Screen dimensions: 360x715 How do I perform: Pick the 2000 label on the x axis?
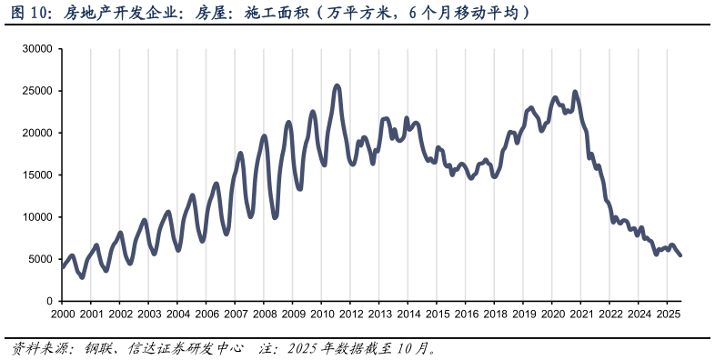coord(63,314)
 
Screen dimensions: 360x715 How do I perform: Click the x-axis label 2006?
coord(206,314)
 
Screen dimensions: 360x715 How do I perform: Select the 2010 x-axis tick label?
coord(322,314)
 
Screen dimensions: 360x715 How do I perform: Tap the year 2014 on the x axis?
coord(408,314)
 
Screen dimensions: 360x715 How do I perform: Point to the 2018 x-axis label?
coord(495,314)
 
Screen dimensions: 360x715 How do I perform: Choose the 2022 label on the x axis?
coord(609,314)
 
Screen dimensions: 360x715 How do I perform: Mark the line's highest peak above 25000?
coord(337,86)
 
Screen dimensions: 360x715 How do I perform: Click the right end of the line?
coord(680,255)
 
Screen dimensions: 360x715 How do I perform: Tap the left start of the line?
coord(63,266)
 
